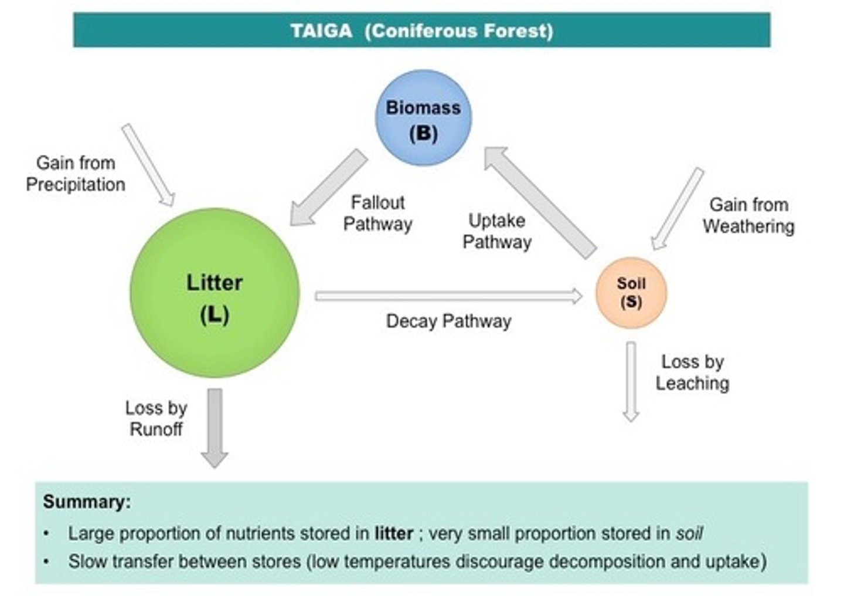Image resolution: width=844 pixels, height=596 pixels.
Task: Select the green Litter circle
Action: [215, 293]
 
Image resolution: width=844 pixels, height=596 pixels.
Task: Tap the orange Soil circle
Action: [631, 293]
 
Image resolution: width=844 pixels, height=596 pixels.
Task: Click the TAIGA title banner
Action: [421, 30]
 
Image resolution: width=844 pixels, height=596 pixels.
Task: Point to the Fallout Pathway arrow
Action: [328, 188]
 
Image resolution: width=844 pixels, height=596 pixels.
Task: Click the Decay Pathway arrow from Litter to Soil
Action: [448, 296]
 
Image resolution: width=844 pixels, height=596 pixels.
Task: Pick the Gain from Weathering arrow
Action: [678, 209]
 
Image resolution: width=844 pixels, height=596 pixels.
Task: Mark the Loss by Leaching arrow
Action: [631, 381]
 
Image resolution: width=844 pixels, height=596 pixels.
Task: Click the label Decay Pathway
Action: [448, 321]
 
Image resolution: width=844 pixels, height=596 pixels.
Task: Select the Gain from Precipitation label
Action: [76, 174]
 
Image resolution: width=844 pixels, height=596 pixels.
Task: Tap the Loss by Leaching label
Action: [692, 372]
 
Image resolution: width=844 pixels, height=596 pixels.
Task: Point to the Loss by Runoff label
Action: [156, 418]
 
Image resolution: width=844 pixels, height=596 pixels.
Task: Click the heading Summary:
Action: [87, 502]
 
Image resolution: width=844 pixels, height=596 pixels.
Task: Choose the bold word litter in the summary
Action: [394, 533]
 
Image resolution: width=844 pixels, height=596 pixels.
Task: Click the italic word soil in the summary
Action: [689, 533]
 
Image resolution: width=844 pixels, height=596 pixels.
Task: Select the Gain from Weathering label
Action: [748, 215]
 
